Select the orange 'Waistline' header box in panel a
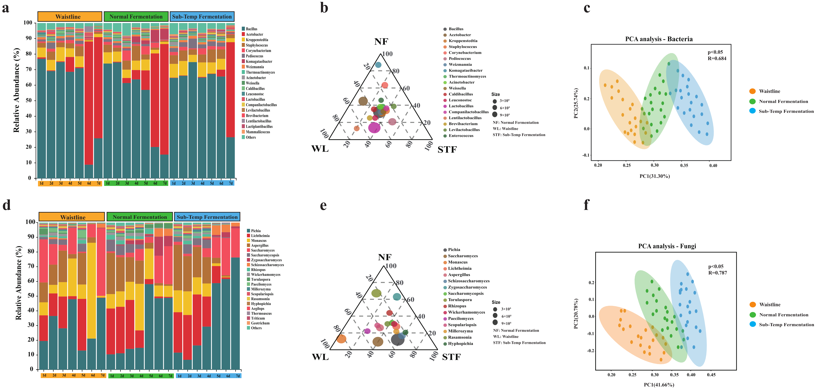pyautogui.click(x=70, y=17)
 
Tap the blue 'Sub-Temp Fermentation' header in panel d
pyautogui.click(x=207, y=217)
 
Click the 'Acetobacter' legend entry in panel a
pyautogui.click(x=254, y=34)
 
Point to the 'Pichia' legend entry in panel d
pyautogui.click(x=256, y=231)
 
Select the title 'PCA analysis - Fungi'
pyautogui.click(x=667, y=246)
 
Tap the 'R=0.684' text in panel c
pyautogui.click(x=717, y=58)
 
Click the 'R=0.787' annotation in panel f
pyautogui.click(x=718, y=273)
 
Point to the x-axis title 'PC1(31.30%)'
pyautogui.click(x=654, y=176)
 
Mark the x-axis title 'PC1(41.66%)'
pyautogui.click(x=659, y=385)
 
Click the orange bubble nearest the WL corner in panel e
pyautogui.click(x=341, y=339)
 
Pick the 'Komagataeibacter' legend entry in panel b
pyautogui.click(x=465, y=70)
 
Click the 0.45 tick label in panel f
pyautogui.click(x=711, y=375)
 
